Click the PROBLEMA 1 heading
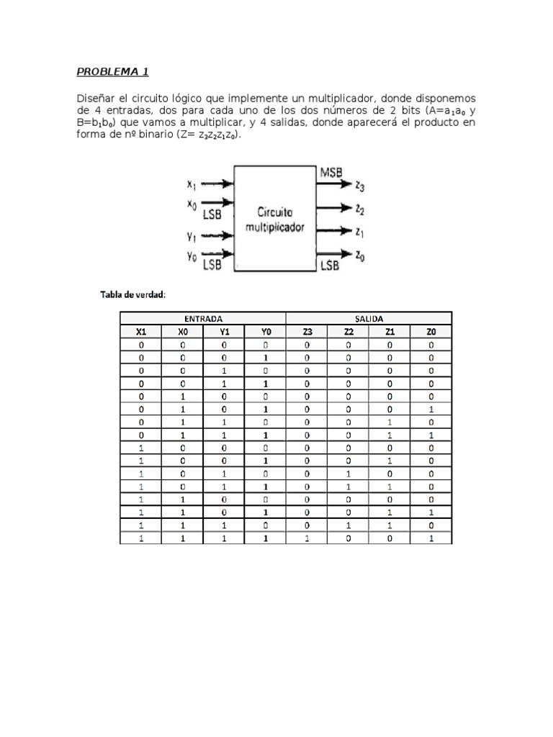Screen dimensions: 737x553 [112, 72]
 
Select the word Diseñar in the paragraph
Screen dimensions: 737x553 [97, 98]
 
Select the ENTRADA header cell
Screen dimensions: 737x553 [203, 318]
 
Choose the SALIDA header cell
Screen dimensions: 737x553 [369, 318]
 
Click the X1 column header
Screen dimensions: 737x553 [141, 332]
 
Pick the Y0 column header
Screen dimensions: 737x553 [266, 332]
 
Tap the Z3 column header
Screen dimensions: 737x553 [307, 332]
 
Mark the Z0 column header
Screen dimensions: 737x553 [431, 332]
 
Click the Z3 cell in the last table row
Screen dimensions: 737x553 [307, 538]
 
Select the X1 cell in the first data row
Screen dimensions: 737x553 [141, 345]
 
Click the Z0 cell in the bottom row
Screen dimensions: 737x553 [431, 538]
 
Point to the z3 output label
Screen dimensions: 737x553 [360, 186]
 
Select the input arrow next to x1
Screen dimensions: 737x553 [217, 184]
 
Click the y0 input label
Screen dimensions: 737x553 [192, 256]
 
